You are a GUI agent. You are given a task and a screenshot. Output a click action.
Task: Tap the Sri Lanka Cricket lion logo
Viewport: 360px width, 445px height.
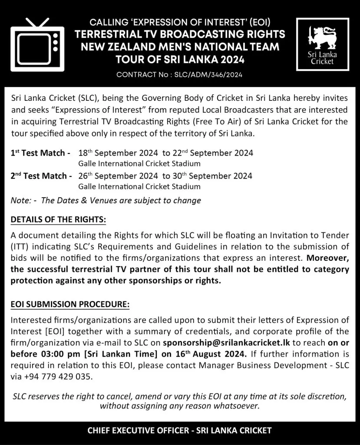click(322, 44)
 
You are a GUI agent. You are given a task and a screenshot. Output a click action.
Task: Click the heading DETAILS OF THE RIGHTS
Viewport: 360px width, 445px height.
click(58, 220)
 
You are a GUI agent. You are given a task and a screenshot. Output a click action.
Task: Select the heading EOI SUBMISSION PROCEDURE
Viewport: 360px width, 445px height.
click(70, 304)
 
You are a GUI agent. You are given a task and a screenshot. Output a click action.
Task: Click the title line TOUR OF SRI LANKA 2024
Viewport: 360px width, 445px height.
click(180, 60)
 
